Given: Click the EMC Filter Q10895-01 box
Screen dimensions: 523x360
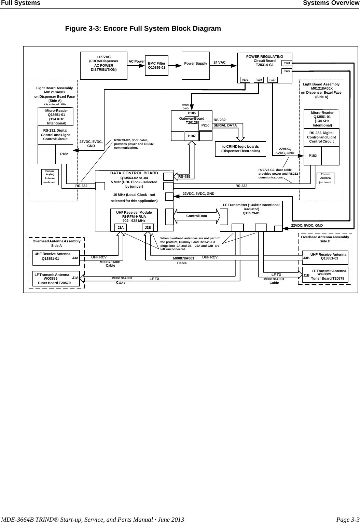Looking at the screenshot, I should pyautogui.click(x=157, y=66).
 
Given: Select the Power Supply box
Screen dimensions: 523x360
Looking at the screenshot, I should pyautogui.click(x=196, y=66).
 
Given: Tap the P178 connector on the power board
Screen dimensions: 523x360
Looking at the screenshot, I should pyautogui.click(x=287, y=63).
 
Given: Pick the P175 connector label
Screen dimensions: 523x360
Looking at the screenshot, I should pyautogui.click(x=287, y=71).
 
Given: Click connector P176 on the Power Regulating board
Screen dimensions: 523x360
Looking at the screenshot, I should pyautogui.click(x=245, y=80).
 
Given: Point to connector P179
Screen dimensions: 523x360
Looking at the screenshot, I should pyautogui.click(x=259, y=80).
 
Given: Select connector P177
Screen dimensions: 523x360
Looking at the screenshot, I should pyautogui.click(x=273, y=80).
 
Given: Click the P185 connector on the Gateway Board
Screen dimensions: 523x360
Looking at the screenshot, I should pyautogui.click(x=192, y=113).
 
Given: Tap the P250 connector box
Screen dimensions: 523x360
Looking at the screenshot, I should pyautogui.click(x=205, y=125).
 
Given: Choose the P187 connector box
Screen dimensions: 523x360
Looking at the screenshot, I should pyautogui.click(x=192, y=136).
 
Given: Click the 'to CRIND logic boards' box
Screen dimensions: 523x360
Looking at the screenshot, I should pyautogui.click(x=240, y=149).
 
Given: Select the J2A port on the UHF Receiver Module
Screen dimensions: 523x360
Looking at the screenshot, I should pyautogui.click(x=120, y=227).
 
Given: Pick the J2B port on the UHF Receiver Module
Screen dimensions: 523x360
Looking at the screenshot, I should pyautogui.click(x=148, y=227).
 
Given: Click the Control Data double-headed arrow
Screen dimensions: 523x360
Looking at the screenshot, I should pyautogui.click(x=197, y=216).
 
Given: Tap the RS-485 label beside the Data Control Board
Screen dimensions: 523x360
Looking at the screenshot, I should pyautogui.click(x=184, y=177).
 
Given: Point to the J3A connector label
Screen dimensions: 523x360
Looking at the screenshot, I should pyautogui.click(x=75, y=258).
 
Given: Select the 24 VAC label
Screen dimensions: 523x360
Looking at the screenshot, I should pyautogui.click(x=219, y=63).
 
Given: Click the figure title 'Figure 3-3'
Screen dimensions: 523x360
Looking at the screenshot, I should pyautogui.click(x=143, y=28).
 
